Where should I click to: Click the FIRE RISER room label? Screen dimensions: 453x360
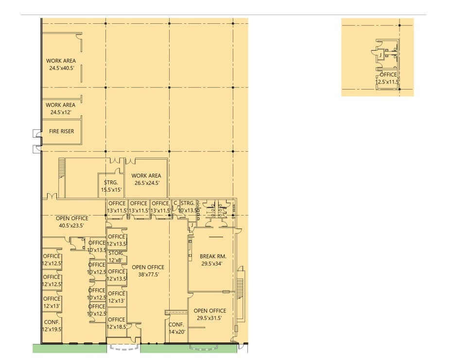pos(62,131)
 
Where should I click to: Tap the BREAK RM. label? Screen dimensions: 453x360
pos(213,256)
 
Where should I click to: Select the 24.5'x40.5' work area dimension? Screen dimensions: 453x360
pos(62,68)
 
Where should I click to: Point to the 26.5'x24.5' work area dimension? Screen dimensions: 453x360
pos(147,183)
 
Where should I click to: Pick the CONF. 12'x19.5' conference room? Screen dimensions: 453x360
pos(52,325)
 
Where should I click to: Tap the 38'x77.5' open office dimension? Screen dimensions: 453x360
pos(148,274)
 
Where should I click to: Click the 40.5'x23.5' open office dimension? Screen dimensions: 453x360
pos(71,226)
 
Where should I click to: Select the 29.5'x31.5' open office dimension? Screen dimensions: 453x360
pos(209,318)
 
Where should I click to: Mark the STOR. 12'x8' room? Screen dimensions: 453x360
pos(116,257)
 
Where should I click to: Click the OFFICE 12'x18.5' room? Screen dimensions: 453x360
pos(117,323)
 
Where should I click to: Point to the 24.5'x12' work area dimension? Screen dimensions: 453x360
pos(61,112)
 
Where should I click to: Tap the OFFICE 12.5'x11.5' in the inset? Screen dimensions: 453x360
pos(387,78)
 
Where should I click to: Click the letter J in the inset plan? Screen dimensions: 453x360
pos(381,55)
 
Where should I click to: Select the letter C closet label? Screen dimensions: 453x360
pos(175,203)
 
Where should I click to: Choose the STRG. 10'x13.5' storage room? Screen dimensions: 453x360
pos(188,207)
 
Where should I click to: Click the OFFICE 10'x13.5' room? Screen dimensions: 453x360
pos(97,246)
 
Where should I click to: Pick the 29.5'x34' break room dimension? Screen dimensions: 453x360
pos(212,263)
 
